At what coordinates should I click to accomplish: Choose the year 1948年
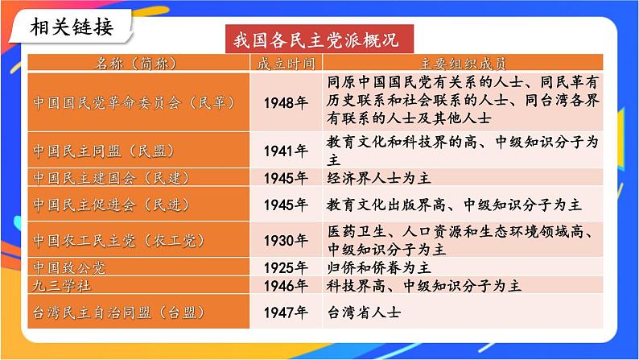click(286, 102)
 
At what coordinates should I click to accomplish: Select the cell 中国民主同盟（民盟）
click(104, 151)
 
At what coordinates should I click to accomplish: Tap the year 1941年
click(286, 151)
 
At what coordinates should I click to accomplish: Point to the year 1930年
click(286, 240)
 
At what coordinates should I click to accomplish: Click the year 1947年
click(286, 312)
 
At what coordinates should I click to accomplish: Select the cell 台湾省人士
click(363, 312)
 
